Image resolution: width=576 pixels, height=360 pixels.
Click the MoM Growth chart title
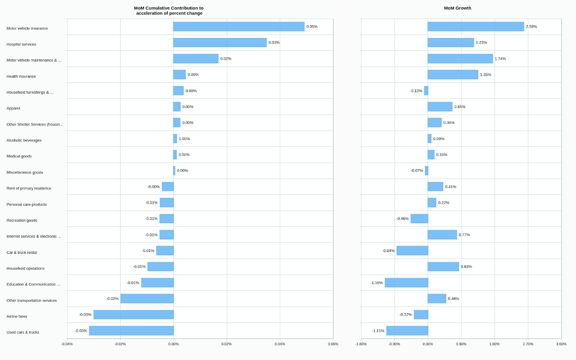457,8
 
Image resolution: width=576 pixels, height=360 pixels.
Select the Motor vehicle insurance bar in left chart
238,27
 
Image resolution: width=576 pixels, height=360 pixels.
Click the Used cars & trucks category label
23,332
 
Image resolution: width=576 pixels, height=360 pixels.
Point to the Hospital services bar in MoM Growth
450,43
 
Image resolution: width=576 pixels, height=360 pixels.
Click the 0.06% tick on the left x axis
333,344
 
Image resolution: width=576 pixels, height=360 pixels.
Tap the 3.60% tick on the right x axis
561,344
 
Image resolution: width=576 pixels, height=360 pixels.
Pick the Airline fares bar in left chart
133,315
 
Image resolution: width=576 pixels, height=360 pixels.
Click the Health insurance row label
21,76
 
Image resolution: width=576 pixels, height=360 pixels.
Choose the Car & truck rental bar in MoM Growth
412,251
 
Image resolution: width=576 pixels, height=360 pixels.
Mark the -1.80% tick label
361,344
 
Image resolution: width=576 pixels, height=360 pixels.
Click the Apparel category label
13,108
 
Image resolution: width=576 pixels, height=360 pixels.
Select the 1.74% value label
500,58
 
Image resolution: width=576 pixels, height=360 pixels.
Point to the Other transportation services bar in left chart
147,299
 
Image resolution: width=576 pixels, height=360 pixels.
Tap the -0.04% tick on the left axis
67,344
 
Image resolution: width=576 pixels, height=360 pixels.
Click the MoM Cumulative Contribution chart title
169,11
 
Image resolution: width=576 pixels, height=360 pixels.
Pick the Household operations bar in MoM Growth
443,266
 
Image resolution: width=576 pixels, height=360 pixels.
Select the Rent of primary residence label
29,189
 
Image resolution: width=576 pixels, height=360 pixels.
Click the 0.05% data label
312,27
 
